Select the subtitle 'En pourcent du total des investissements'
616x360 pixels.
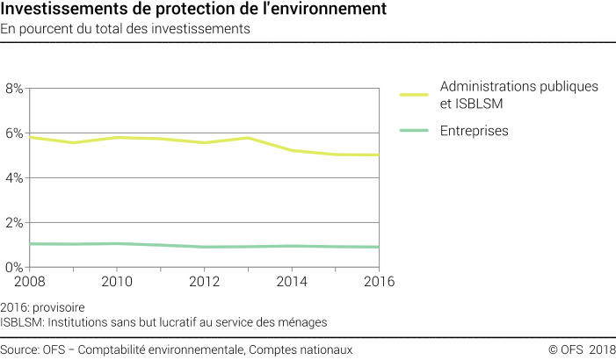point(127,29)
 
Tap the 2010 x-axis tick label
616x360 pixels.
point(117,282)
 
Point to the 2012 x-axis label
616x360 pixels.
point(204,282)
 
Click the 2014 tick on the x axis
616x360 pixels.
point(292,282)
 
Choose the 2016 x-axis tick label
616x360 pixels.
point(376,282)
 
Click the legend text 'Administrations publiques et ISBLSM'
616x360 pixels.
point(518,95)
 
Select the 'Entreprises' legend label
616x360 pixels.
point(475,131)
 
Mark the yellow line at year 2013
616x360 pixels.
point(249,138)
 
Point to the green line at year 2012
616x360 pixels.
point(205,247)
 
